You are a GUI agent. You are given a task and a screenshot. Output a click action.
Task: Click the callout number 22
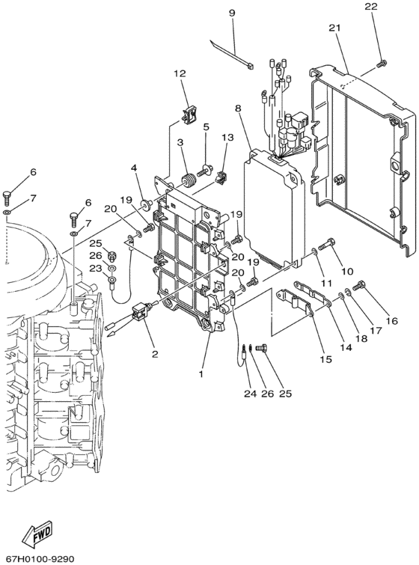(370, 7)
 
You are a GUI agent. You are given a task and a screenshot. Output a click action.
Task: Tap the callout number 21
(334, 28)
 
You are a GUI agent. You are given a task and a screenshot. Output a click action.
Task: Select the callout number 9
(232, 13)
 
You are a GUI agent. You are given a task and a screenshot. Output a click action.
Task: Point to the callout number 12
(180, 73)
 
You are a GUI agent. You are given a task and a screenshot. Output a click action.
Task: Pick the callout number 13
(227, 137)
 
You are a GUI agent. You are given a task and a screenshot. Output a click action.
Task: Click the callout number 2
(155, 354)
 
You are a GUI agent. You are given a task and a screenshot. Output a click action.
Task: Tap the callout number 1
(201, 374)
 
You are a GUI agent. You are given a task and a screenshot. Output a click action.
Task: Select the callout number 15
(326, 359)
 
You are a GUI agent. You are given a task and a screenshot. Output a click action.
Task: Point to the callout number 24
(250, 394)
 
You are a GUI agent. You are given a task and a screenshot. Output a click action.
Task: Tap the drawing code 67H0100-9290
(37, 559)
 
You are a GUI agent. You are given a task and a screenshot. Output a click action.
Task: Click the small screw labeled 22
(381, 64)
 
